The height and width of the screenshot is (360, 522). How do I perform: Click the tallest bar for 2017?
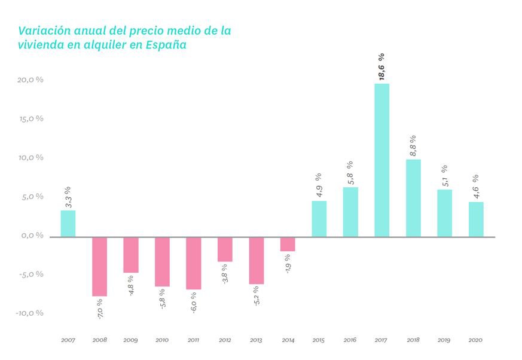381,160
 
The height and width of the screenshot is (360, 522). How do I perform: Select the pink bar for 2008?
100,266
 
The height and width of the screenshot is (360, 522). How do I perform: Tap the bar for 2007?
68,223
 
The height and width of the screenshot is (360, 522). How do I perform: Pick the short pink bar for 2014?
288,244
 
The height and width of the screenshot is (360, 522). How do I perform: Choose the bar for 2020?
476,219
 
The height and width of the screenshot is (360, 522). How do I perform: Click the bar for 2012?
225,249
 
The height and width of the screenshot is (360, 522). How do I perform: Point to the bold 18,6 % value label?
381,66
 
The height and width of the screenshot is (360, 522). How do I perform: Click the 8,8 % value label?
413,145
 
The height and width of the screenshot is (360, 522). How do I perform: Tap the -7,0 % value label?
100,308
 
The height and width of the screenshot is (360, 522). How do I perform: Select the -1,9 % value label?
288,264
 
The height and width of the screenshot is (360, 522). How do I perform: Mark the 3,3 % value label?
68,197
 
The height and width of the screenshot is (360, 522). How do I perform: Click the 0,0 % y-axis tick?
32,236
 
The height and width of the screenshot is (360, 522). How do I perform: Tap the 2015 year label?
319,340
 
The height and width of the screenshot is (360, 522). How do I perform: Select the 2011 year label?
193,340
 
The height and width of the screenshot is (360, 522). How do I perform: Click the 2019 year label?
444,340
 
